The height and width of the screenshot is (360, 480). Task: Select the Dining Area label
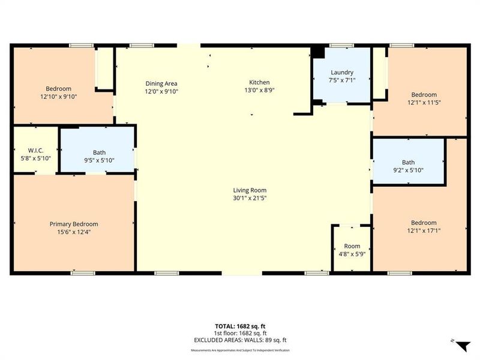pos(161,83)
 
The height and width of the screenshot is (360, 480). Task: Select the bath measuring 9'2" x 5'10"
pos(408,166)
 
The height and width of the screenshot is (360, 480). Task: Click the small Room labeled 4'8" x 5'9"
pos(352,250)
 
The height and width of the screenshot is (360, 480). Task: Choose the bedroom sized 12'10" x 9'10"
pos(58,92)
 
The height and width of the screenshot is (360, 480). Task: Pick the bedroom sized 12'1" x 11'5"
pos(424,98)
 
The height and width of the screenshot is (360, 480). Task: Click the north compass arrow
pos(462,346)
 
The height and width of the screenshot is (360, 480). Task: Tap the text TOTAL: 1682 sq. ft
pos(240,326)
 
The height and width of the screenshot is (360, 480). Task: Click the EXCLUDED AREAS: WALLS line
pos(240,340)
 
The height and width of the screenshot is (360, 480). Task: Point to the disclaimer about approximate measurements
pos(240,350)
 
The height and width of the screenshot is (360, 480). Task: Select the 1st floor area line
pos(240,333)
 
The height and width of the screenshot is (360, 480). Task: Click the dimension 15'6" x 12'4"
pos(73,232)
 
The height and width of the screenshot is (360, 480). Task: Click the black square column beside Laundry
pos(317,52)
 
